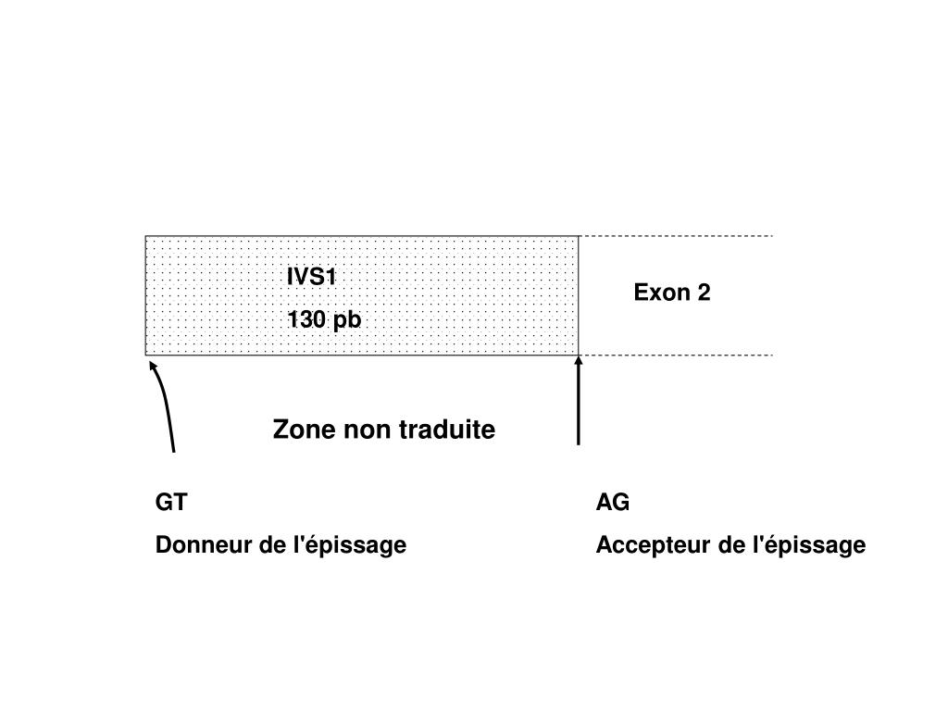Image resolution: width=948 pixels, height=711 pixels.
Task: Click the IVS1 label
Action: click(x=312, y=277)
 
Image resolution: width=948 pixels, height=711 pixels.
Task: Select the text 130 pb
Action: click(x=323, y=320)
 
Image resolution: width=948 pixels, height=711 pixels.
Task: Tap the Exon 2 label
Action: click(x=672, y=293)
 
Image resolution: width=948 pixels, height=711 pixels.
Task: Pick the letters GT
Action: click(x=171, y=503)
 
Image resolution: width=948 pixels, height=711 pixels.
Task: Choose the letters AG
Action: click(x=613, y=503)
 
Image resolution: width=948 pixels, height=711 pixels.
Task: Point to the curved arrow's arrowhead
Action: click(x=154, y=367)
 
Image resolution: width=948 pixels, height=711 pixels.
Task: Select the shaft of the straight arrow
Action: click(x=579, y=407)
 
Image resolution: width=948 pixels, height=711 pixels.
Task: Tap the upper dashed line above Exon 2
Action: click(x=676, y=236)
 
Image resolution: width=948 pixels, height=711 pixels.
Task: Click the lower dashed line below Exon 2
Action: click(x=676, y=355)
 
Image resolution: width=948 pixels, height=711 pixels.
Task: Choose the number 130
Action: click(x=305, y=320)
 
